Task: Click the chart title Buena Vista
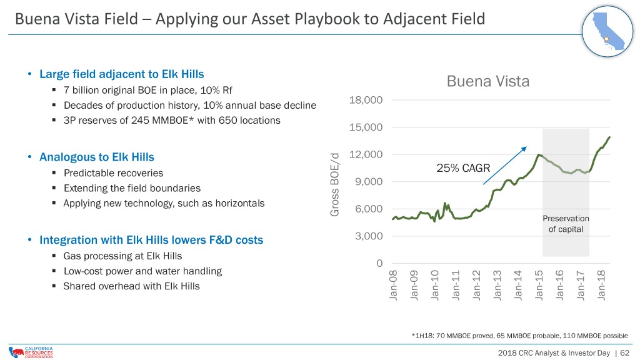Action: [x=487, y=81]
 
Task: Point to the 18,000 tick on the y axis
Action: [x=366, y=100]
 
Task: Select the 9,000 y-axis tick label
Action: [x=369, y=182]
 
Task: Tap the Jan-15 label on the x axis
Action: [x=538, y=285]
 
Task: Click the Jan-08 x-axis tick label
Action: [x=393, y=285]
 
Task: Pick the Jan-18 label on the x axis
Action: [x=601, y=285]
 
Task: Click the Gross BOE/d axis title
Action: [x=334, y=184]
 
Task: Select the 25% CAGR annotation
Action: [x=463, y=167]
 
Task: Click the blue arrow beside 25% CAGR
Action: [x=505, y=166]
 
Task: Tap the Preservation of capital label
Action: [x=566, y=224]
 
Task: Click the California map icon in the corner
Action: [x=607, y=31]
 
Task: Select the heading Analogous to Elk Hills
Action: [x=97, y=157]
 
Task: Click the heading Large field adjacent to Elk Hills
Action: [x=122, y=74]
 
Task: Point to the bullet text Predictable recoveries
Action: [x=114, y=173]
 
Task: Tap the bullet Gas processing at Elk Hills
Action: [x=123, y=256]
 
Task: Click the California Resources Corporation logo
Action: [x=31, y=352]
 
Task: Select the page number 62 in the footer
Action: [x=624, y=352]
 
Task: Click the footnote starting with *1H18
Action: [x=519, y=336]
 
